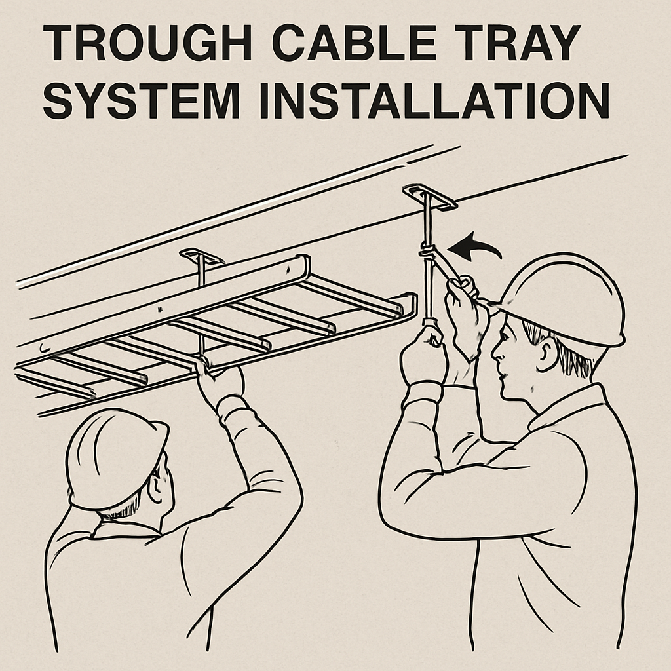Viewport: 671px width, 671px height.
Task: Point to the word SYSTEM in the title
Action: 141,101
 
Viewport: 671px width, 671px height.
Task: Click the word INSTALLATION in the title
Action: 434,101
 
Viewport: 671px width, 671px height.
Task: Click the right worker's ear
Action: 547,356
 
